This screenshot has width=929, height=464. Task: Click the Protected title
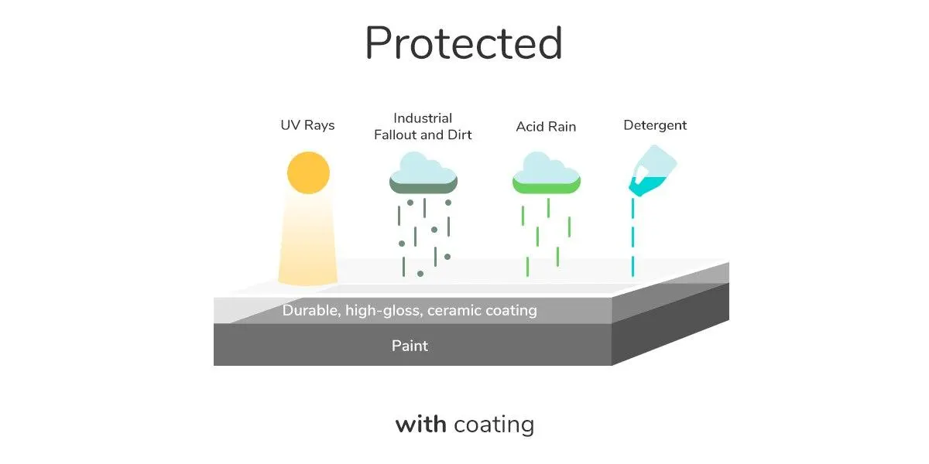[464, 43]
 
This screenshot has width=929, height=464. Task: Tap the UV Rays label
[307, 125]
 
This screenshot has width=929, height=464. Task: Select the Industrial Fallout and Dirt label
[423, 126]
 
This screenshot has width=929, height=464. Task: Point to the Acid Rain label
[546, 126]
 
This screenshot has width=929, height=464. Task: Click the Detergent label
[655, 125]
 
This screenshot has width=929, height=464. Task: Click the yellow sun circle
[308, 172]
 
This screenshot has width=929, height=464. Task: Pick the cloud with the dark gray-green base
[423, 172]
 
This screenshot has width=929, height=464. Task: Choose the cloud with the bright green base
[547, 172]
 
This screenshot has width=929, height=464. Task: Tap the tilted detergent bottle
[653, 170]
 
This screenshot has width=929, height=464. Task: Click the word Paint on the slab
[410, 346]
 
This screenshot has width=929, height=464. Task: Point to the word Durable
[311, 310]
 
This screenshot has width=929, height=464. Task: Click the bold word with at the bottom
[421, 425]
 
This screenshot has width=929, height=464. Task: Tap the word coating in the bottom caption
[494, 425]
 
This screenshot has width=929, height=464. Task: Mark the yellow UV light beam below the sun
[308, 240]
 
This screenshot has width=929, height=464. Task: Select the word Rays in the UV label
[319, 125]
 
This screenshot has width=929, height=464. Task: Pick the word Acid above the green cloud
[529, 126]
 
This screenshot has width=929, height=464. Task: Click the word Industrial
[423, 118]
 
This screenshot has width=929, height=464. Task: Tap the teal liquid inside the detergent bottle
[646, 186]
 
